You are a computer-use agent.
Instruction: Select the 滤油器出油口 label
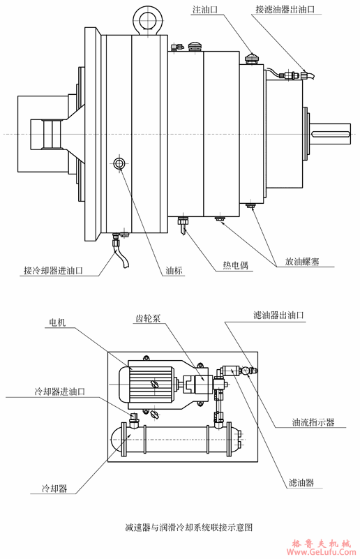pos(279,315)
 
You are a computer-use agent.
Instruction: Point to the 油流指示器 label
pos(313,423)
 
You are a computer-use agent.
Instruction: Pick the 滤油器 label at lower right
pos(301,482)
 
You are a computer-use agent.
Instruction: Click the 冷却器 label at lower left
pos(54,489)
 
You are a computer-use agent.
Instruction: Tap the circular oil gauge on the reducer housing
pos(119,163)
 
